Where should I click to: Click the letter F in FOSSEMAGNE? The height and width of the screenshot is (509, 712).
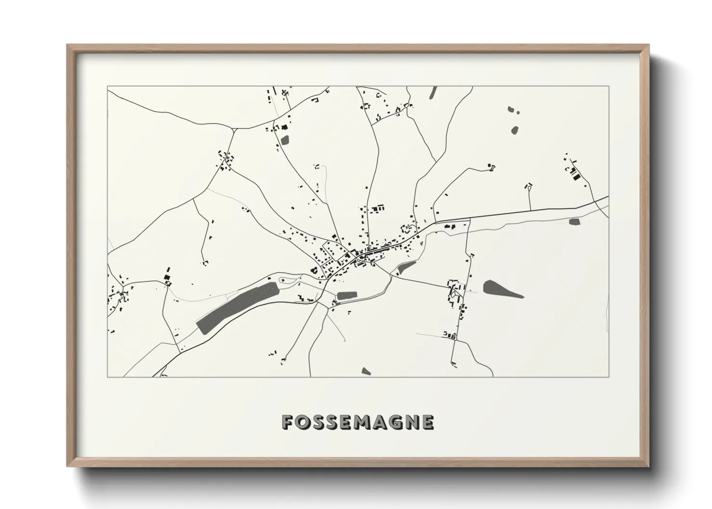click(x=288, y=422)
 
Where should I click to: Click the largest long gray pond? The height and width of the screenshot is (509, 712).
click(x=238, y=306)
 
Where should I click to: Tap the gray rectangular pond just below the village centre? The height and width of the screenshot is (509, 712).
click(x=347, y=295)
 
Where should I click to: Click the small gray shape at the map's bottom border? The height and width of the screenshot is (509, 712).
click(x=366, y=371)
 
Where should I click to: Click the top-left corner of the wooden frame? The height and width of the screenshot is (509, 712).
click(x=67, y=45)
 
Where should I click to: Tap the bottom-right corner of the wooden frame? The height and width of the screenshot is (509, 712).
click(x=648, y=466)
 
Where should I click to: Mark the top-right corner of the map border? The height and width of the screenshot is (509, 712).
click(x=609, y=87)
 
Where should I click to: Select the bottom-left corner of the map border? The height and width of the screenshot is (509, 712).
click(x=108, y=377)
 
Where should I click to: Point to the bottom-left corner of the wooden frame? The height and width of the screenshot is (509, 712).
click(x=67, y=466)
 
